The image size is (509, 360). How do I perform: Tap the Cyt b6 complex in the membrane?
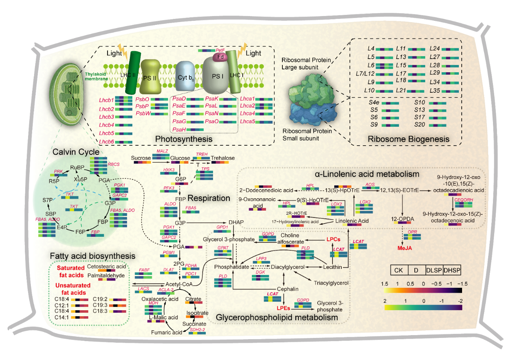point(185,76)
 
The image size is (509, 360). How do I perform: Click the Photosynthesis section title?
point(184,139)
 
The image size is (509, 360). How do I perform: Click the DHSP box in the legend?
point(452,270)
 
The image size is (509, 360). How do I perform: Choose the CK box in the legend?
point(399,270)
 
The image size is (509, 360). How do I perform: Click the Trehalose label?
point(223,158)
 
